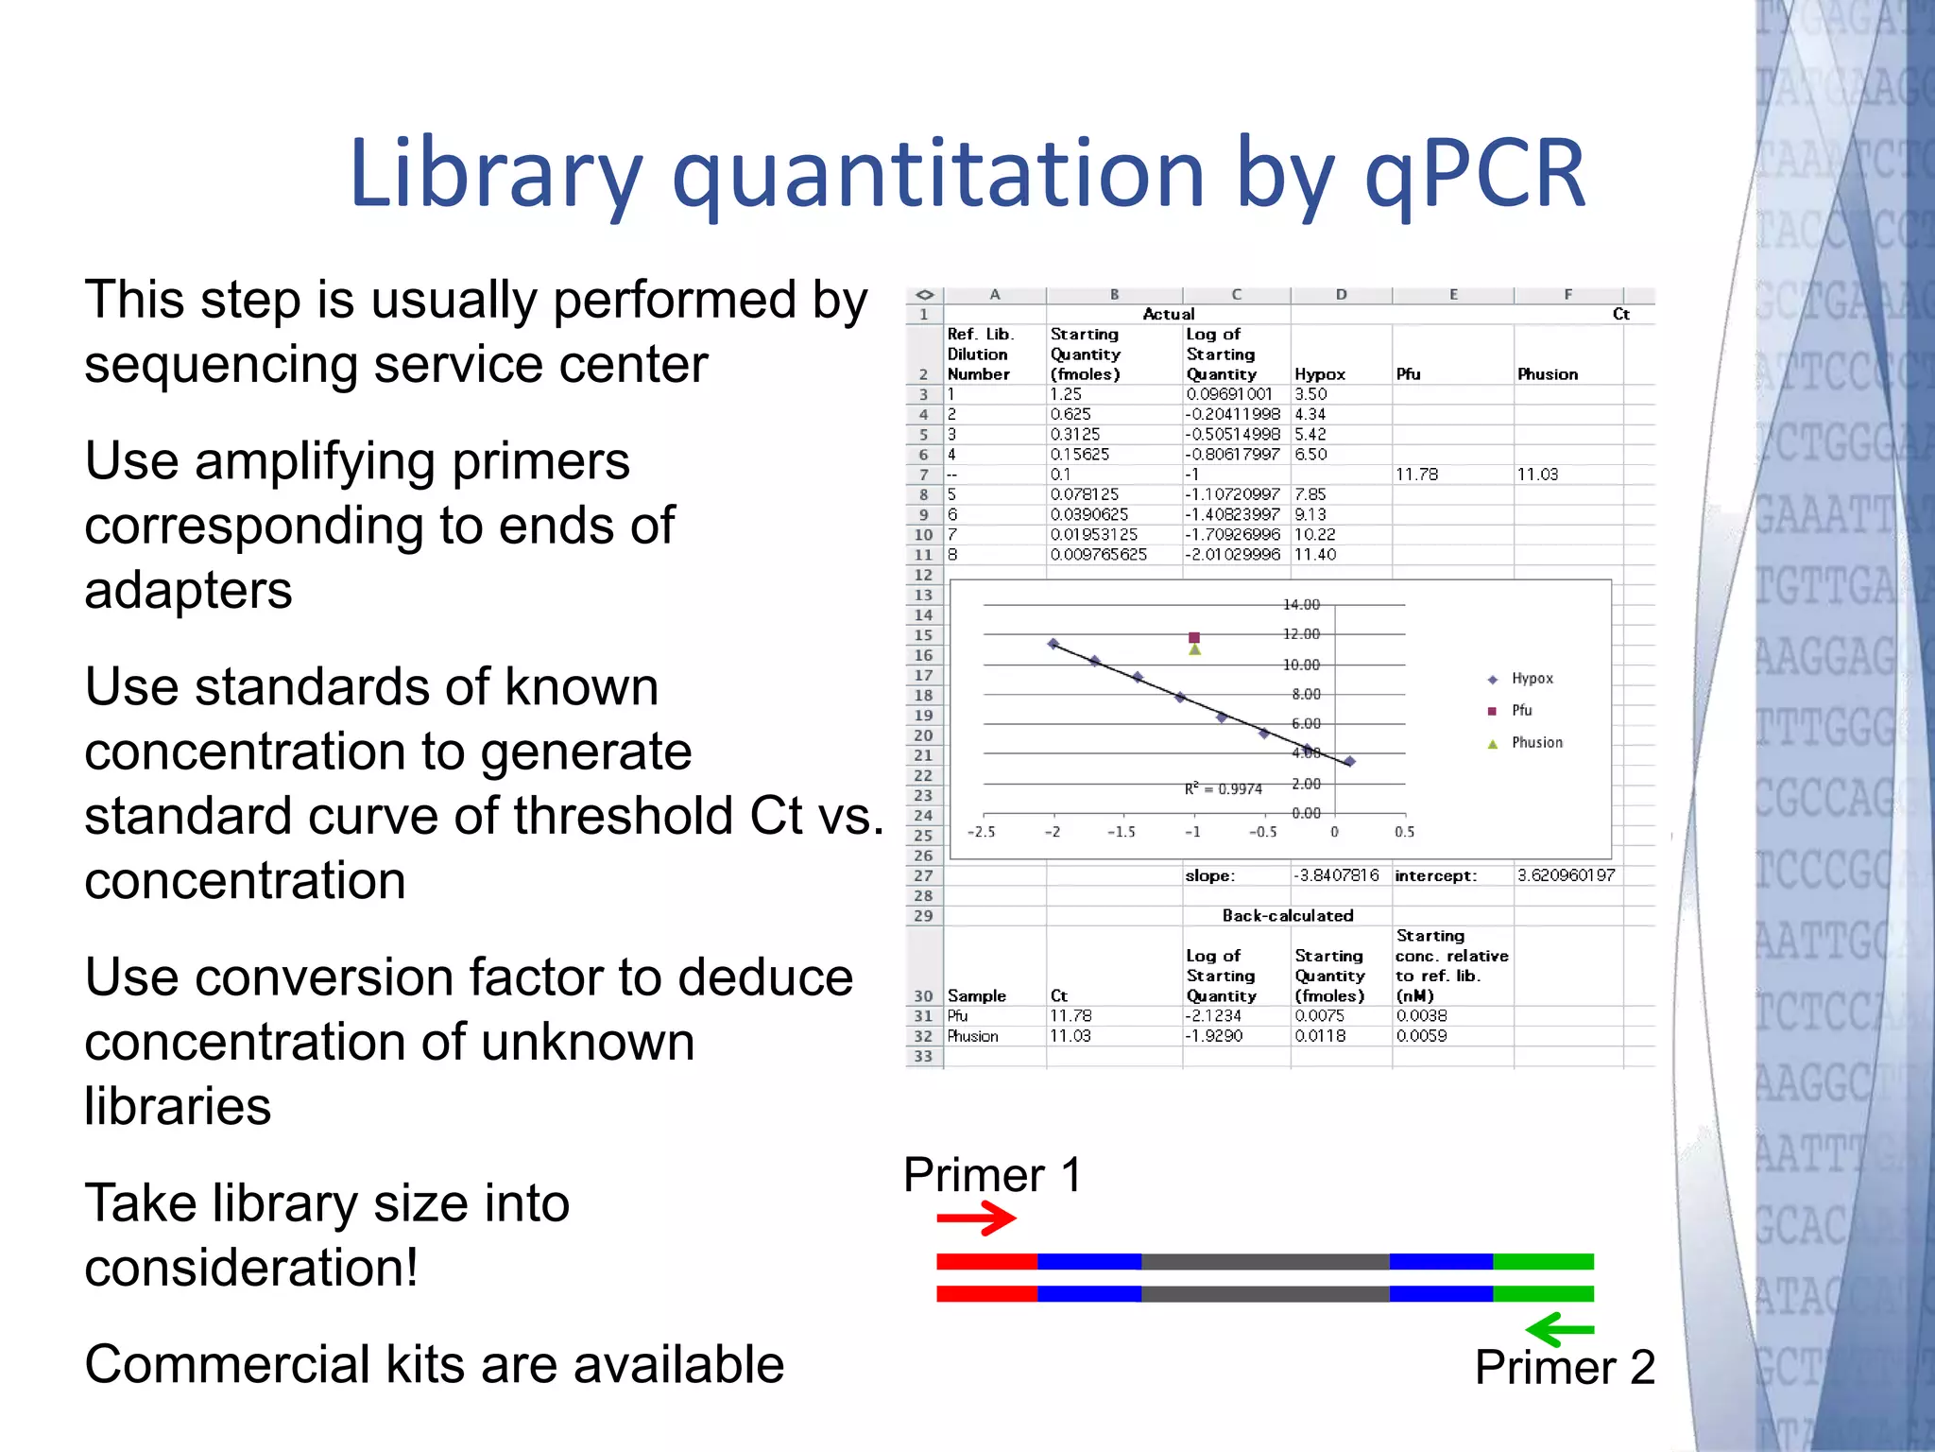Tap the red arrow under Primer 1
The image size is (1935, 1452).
[x=975, y=1218]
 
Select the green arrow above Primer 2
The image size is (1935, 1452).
[x=1560, y=1330]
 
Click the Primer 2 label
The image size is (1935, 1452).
[x=1565, y=1368]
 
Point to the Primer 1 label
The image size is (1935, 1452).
[x=992, y=1175]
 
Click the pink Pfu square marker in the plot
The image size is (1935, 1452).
[x=1194, y=638]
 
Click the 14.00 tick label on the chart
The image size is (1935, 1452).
[x=1301, y=605]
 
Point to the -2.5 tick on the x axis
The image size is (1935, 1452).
[x=982, y=833]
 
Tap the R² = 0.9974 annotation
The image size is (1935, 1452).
[x=1224, y=789]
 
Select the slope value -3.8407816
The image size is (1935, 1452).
[x=1336, y=876]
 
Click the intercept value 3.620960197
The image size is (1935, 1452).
[x=1567, y=876]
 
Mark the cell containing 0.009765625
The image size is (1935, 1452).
[x=1099, y=555]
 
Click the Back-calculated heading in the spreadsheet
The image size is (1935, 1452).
[x=1288, y=916]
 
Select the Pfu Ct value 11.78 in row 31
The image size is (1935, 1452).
[x=1070, y=1016]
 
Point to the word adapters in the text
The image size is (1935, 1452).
[x=189, y=591]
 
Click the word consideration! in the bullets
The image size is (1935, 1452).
[x=251, y=1269]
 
